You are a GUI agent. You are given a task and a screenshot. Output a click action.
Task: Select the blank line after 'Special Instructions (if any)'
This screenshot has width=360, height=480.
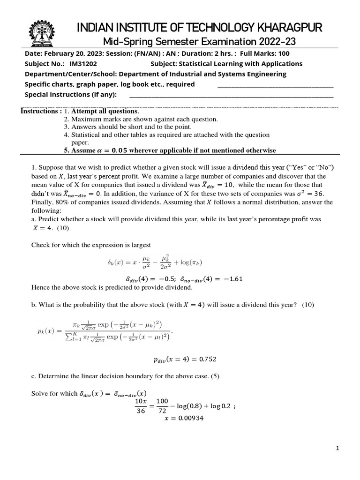[231, 95]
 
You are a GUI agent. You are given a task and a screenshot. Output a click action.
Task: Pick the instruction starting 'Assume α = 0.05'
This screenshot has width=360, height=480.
[170, 150]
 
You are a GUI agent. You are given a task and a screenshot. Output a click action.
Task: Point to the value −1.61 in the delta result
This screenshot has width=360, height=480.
[233, 278]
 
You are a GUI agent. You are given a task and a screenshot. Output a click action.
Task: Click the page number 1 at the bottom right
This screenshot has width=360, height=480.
[337, 449]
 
